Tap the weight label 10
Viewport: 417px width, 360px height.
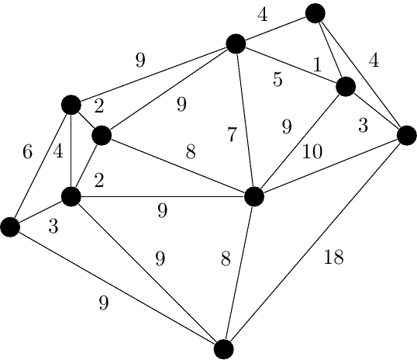pyautogui.click(x=312, y=152)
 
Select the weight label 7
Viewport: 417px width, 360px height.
pyautogui.click(x=232, y=134)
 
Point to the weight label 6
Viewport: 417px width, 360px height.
pyautogui.click(x=28, y=153)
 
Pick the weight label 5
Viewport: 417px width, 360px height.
pyautogui.click(x=277, y=79)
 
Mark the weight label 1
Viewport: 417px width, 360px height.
pyautogui.click(x=317, y=65)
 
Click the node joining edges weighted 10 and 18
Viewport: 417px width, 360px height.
pyautogui.click(x=406, y=136)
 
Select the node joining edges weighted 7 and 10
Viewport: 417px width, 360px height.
pyautogui.click(x=253, y=196)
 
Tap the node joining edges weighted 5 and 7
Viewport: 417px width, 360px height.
pyautogui.click(x=236, y=43)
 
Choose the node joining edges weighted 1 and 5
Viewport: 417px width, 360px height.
pyautogui.click(x=346, y=86)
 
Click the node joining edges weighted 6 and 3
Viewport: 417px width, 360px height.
pyautogui.click(x=10, y=227)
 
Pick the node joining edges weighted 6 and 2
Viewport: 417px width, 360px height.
pyautogui.click(x=71, y=105)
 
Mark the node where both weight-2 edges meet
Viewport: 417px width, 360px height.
pyautogui.click(x=101, y=136)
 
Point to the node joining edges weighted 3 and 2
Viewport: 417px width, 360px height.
pyautogui.click(x=71, y=196)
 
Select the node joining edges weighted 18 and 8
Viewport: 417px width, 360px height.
pyautogui.click(x=224, y=348)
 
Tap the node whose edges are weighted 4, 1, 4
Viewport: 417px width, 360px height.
pyautogui.click(x=315, y=13)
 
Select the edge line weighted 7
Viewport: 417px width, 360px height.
pyautogui.click(x=245, y=120)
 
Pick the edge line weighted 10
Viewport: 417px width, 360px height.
pyautogui.click(x=329, y=166)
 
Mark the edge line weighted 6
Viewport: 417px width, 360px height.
pyautogui.click(x=40, y=165)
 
